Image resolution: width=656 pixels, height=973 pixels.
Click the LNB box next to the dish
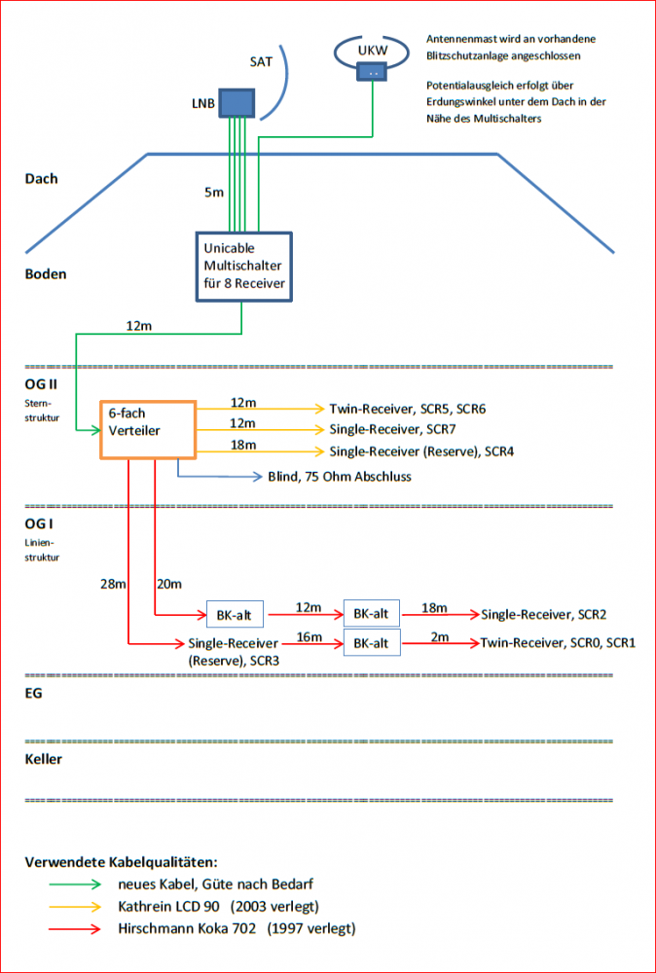pyautogui.click(x=235, y=102)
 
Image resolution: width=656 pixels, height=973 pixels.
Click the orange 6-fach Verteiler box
pyautogui.click(x=148, y=429)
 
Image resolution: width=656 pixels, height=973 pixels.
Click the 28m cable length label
pyautogui.click(x=113, y=583)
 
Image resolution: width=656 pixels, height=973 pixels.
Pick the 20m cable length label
pyautogui.click(x=169, y=583)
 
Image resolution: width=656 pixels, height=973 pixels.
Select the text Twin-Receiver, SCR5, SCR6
pyautogui.click(x=407, y=409)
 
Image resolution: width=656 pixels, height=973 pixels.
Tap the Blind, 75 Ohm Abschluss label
pyautogui.click(x=340, y=477)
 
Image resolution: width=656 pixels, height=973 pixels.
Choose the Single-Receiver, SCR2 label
pyautogui.click(x=544, y=614)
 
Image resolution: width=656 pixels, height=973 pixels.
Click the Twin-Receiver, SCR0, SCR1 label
pyautogui.click(x=558, y=643)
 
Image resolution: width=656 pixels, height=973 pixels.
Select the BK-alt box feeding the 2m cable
pyautogui.click(x=371, y=643)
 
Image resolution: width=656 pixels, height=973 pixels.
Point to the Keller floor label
pyautogui.click(x=43, y=759)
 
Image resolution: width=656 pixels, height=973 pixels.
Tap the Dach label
pyautogui.click(x=41, y=179)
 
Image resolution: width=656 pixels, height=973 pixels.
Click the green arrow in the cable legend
pyautogui.click(x=75, y=884)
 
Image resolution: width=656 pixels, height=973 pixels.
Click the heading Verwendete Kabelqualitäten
pyautogui.click(x=121, y=862)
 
